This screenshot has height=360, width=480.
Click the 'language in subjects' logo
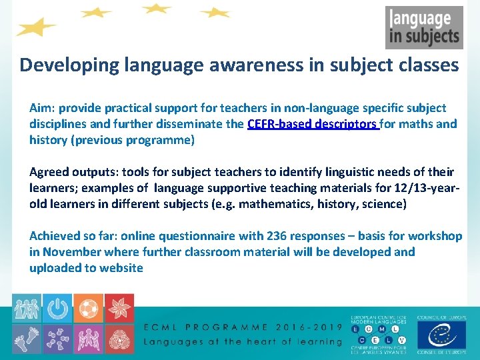pos(423,27)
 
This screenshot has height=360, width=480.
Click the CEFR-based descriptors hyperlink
pos(313,124)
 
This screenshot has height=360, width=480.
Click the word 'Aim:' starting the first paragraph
pos(42,108)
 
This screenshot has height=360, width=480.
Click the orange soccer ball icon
pos(88,308)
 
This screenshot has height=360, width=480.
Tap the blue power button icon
pos(57,308)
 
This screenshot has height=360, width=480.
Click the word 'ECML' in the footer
pos(165,327)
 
